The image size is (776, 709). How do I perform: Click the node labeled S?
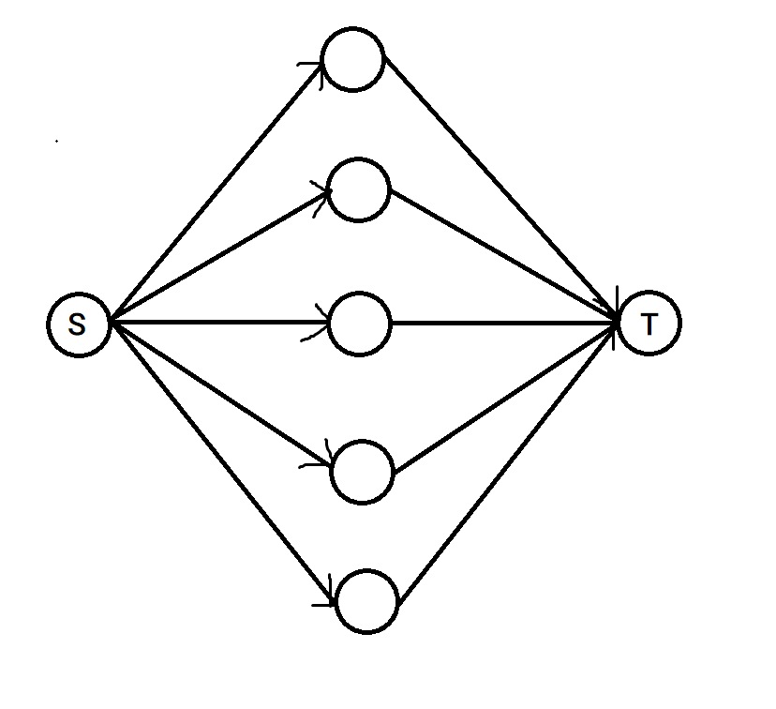click(79, 324)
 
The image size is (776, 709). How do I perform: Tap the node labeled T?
click(649, 324)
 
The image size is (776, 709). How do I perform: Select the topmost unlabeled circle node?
click(353, 61)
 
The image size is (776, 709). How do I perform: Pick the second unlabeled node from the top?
click(359, 190)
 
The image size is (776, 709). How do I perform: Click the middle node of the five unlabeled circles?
click(360, 324)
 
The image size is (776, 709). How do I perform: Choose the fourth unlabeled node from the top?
click(363, 472)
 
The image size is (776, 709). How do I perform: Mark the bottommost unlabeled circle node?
click(367, 602)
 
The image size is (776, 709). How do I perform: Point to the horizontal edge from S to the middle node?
click(220, 324)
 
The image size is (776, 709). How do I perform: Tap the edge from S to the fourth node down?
click(221, 394)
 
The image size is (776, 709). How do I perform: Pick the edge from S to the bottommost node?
click(221, 459)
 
